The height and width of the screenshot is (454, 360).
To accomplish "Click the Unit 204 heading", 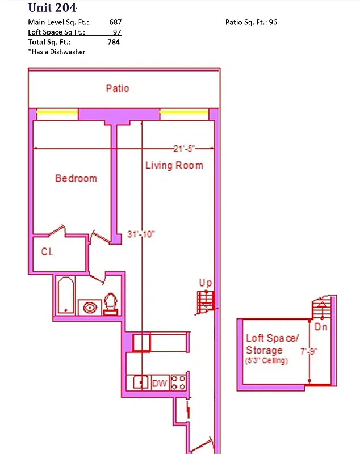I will (52, 8).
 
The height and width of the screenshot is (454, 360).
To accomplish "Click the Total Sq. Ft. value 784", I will (114, 41).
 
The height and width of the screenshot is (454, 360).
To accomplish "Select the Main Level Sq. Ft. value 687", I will (115, 22).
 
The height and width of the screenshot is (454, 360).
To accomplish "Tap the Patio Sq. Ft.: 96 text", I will (251, 22).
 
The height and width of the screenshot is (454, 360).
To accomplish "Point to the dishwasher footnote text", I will (57, 52).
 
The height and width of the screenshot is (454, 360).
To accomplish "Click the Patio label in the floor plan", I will (118, 88).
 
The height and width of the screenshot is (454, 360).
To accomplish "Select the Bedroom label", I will (76, 178).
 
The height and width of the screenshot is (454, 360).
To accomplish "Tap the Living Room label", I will (174, 165).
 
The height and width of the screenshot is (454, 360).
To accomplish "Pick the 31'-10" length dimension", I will (141, 234).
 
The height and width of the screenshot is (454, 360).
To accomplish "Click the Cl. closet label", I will (47, 251).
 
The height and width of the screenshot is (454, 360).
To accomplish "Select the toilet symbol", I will (111, 304).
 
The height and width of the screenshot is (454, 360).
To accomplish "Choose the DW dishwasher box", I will (160, 383).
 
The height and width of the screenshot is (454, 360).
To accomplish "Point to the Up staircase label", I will (205, 283).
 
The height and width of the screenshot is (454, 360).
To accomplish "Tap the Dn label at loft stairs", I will (321, 327).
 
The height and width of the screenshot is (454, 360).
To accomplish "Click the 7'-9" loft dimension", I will (310, 351).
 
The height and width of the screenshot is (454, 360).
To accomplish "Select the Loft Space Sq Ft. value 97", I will (117, 32).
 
